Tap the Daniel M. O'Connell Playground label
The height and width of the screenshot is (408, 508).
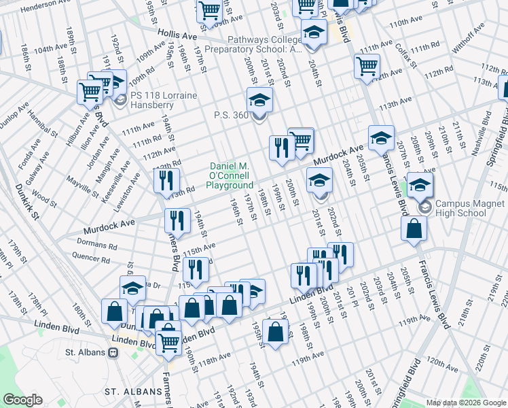coord(230,175)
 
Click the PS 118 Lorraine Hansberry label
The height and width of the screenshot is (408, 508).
coord(164,101)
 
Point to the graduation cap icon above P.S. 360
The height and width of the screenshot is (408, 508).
coord(259,101)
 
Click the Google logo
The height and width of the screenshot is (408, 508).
coord(22,400)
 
